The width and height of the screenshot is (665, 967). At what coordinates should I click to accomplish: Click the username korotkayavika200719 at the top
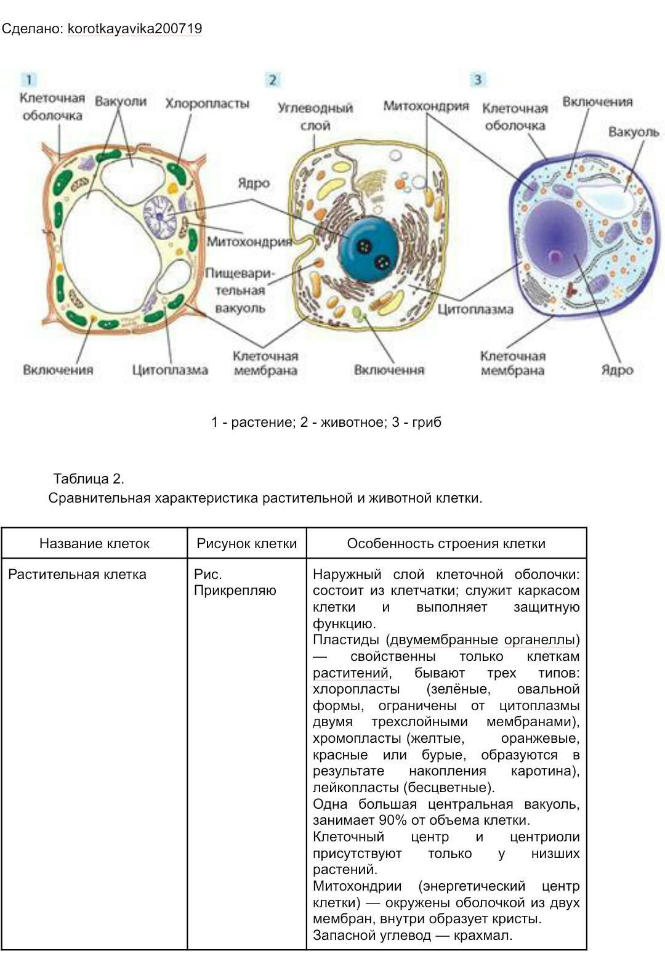click(135, 28)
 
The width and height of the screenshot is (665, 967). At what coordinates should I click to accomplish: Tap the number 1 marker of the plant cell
click(29, 79)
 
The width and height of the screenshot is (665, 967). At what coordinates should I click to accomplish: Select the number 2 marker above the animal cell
click(272, 79)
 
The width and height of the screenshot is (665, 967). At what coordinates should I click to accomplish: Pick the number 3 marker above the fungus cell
click(477, 79)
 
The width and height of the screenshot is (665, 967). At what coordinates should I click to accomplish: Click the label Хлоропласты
click(207, 103)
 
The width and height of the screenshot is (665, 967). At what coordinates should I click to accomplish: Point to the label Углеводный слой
click(315, 116)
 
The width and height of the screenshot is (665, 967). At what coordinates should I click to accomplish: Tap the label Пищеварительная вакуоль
click(240, 291)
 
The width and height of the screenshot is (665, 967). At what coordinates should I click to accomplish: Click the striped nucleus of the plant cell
click(159, 216)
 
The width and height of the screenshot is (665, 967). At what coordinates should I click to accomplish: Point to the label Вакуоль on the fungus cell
click(634, 132)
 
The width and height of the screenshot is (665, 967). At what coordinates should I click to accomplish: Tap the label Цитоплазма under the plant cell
click(170, 370)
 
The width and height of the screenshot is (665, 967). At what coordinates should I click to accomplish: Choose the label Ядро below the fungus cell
click(617, 370)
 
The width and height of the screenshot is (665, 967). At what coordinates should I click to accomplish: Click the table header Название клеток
click(94, 543)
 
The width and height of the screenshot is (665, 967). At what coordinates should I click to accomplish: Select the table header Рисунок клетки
click(247, 543)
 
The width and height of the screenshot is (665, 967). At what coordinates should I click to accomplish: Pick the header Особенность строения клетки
click(446, 543)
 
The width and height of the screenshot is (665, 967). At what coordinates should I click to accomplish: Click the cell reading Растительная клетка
click(77, 574)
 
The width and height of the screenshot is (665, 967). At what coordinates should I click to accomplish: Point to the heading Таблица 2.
click(89, 479)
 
